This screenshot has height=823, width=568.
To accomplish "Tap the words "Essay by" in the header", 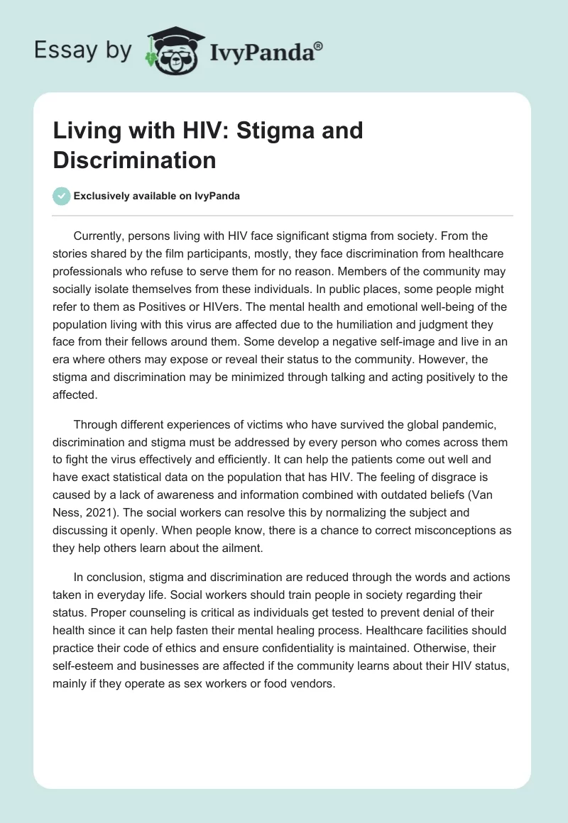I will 83,50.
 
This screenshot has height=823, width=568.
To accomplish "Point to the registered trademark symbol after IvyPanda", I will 319,45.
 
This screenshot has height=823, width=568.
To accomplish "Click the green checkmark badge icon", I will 62,197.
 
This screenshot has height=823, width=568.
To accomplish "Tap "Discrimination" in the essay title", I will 134,160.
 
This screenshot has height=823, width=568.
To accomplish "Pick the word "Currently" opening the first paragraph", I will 101,236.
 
